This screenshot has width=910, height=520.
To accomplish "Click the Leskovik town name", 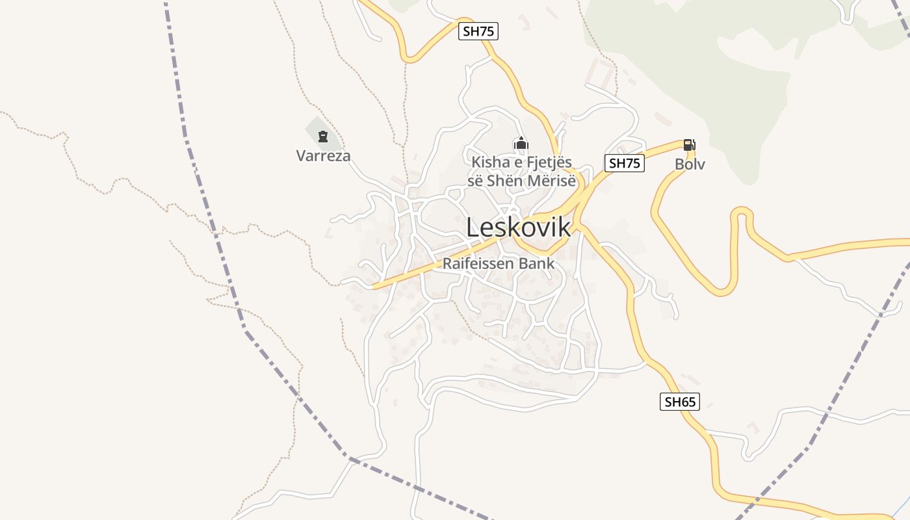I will [x=519, y=227].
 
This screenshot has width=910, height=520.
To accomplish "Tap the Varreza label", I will [x=323, y=156].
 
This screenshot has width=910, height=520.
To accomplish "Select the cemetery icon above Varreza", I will [x=323, y=136].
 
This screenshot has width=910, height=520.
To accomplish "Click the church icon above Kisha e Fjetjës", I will [x=521, y=144].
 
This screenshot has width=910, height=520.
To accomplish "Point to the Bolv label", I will [x=690, y=164].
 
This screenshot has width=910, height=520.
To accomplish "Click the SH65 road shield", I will [x=680, y=402].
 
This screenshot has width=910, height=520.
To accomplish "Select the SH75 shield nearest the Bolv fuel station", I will [x=625, y=163].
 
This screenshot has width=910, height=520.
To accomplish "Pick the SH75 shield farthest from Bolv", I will [x=478, y=31].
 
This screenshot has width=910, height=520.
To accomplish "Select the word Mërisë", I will [x=552, y=181].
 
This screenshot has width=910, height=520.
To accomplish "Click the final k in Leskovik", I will [x=565, y=227].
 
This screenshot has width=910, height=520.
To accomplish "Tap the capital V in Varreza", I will [x=301, y=156].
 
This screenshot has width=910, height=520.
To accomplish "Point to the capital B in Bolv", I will [x=679, y=164].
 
